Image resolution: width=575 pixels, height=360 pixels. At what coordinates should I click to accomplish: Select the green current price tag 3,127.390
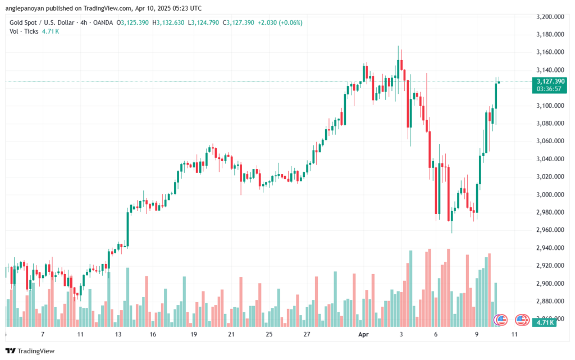pyautogui.click(x=551, y=81)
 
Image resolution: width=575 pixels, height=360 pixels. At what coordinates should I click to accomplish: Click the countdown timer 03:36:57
pyautogui.click(x=551, y=89)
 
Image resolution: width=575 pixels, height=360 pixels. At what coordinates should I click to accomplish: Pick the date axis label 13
pyautogui.click(x=119, y=334)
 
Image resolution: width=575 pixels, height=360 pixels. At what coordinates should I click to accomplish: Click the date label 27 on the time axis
pyautogui.click(x=307, y=334)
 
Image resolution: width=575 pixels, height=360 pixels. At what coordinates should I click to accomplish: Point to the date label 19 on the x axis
pyautogui.click(x=193, y=334)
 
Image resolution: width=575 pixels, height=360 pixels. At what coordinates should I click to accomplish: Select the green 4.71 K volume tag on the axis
pyautogui.click(x=544, y=322)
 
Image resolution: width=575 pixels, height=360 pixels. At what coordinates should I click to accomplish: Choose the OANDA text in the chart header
pyautogui.click(x=100, y=22)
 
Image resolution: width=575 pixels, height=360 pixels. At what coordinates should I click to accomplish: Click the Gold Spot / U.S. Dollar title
pyautogui.click(x=41, y=22)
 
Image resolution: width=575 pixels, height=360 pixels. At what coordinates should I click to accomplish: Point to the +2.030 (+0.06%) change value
pyautogui.click(x=281, y=22)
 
